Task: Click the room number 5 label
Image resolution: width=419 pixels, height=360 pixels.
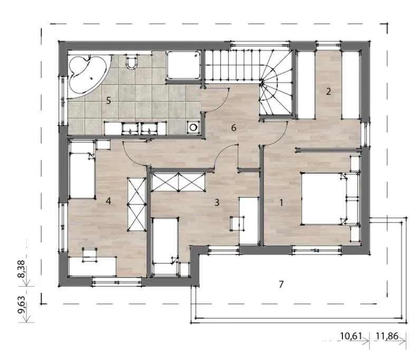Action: (x=108, y=101)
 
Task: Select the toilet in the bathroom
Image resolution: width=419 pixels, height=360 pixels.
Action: (x=131, y=61)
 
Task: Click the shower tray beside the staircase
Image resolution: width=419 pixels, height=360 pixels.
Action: (x=183, y=65)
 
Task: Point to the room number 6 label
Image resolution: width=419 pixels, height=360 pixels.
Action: (x=234, y=128)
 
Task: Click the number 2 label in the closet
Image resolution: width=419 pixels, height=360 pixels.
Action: (x=328, y=92)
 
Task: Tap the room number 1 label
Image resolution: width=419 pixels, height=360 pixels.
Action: (x=281, y=203)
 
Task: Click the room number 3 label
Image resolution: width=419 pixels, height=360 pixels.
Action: (x=217, y=202)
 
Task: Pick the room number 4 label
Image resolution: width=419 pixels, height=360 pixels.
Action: (x=108, y=201)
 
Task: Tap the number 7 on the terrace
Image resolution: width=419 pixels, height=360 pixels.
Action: (x=281, y=284)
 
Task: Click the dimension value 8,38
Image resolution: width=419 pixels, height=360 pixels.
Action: (x=22, y=269)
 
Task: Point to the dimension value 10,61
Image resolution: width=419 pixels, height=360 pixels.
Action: (x=350, y=336)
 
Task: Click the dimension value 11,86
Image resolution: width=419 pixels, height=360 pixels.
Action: (x=387, y=336)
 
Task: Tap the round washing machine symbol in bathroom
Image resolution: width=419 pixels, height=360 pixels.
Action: (x=193, y=127)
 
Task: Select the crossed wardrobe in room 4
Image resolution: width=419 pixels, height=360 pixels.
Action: (x=137, y=205)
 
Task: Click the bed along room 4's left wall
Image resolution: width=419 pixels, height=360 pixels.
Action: (x=82, y=170)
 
